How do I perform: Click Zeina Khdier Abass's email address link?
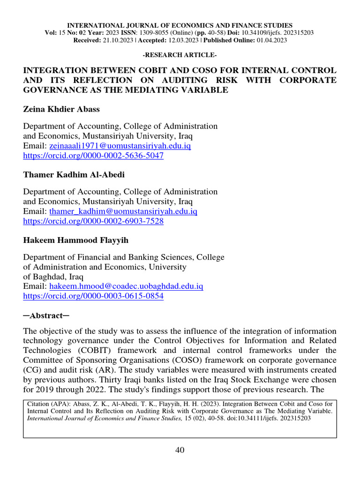(x=120, y=146)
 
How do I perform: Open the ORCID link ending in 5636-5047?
(x=93, y=156)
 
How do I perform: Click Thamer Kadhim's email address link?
(x=123, y=211)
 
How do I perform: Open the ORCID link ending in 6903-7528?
(x=93, y=221)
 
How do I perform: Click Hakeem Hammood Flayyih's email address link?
(x=126, y=286)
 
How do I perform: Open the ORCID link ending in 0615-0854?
(x=93, y=296)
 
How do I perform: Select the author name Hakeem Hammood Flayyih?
(x=76, y=240)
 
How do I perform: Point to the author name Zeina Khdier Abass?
(x=61, y=109)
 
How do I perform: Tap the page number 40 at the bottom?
(x=180, y=450)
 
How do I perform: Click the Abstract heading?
(x=46, y=315)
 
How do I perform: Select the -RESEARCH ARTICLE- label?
(x=180, y=55)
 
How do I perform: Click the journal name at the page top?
(x=180, y=25)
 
